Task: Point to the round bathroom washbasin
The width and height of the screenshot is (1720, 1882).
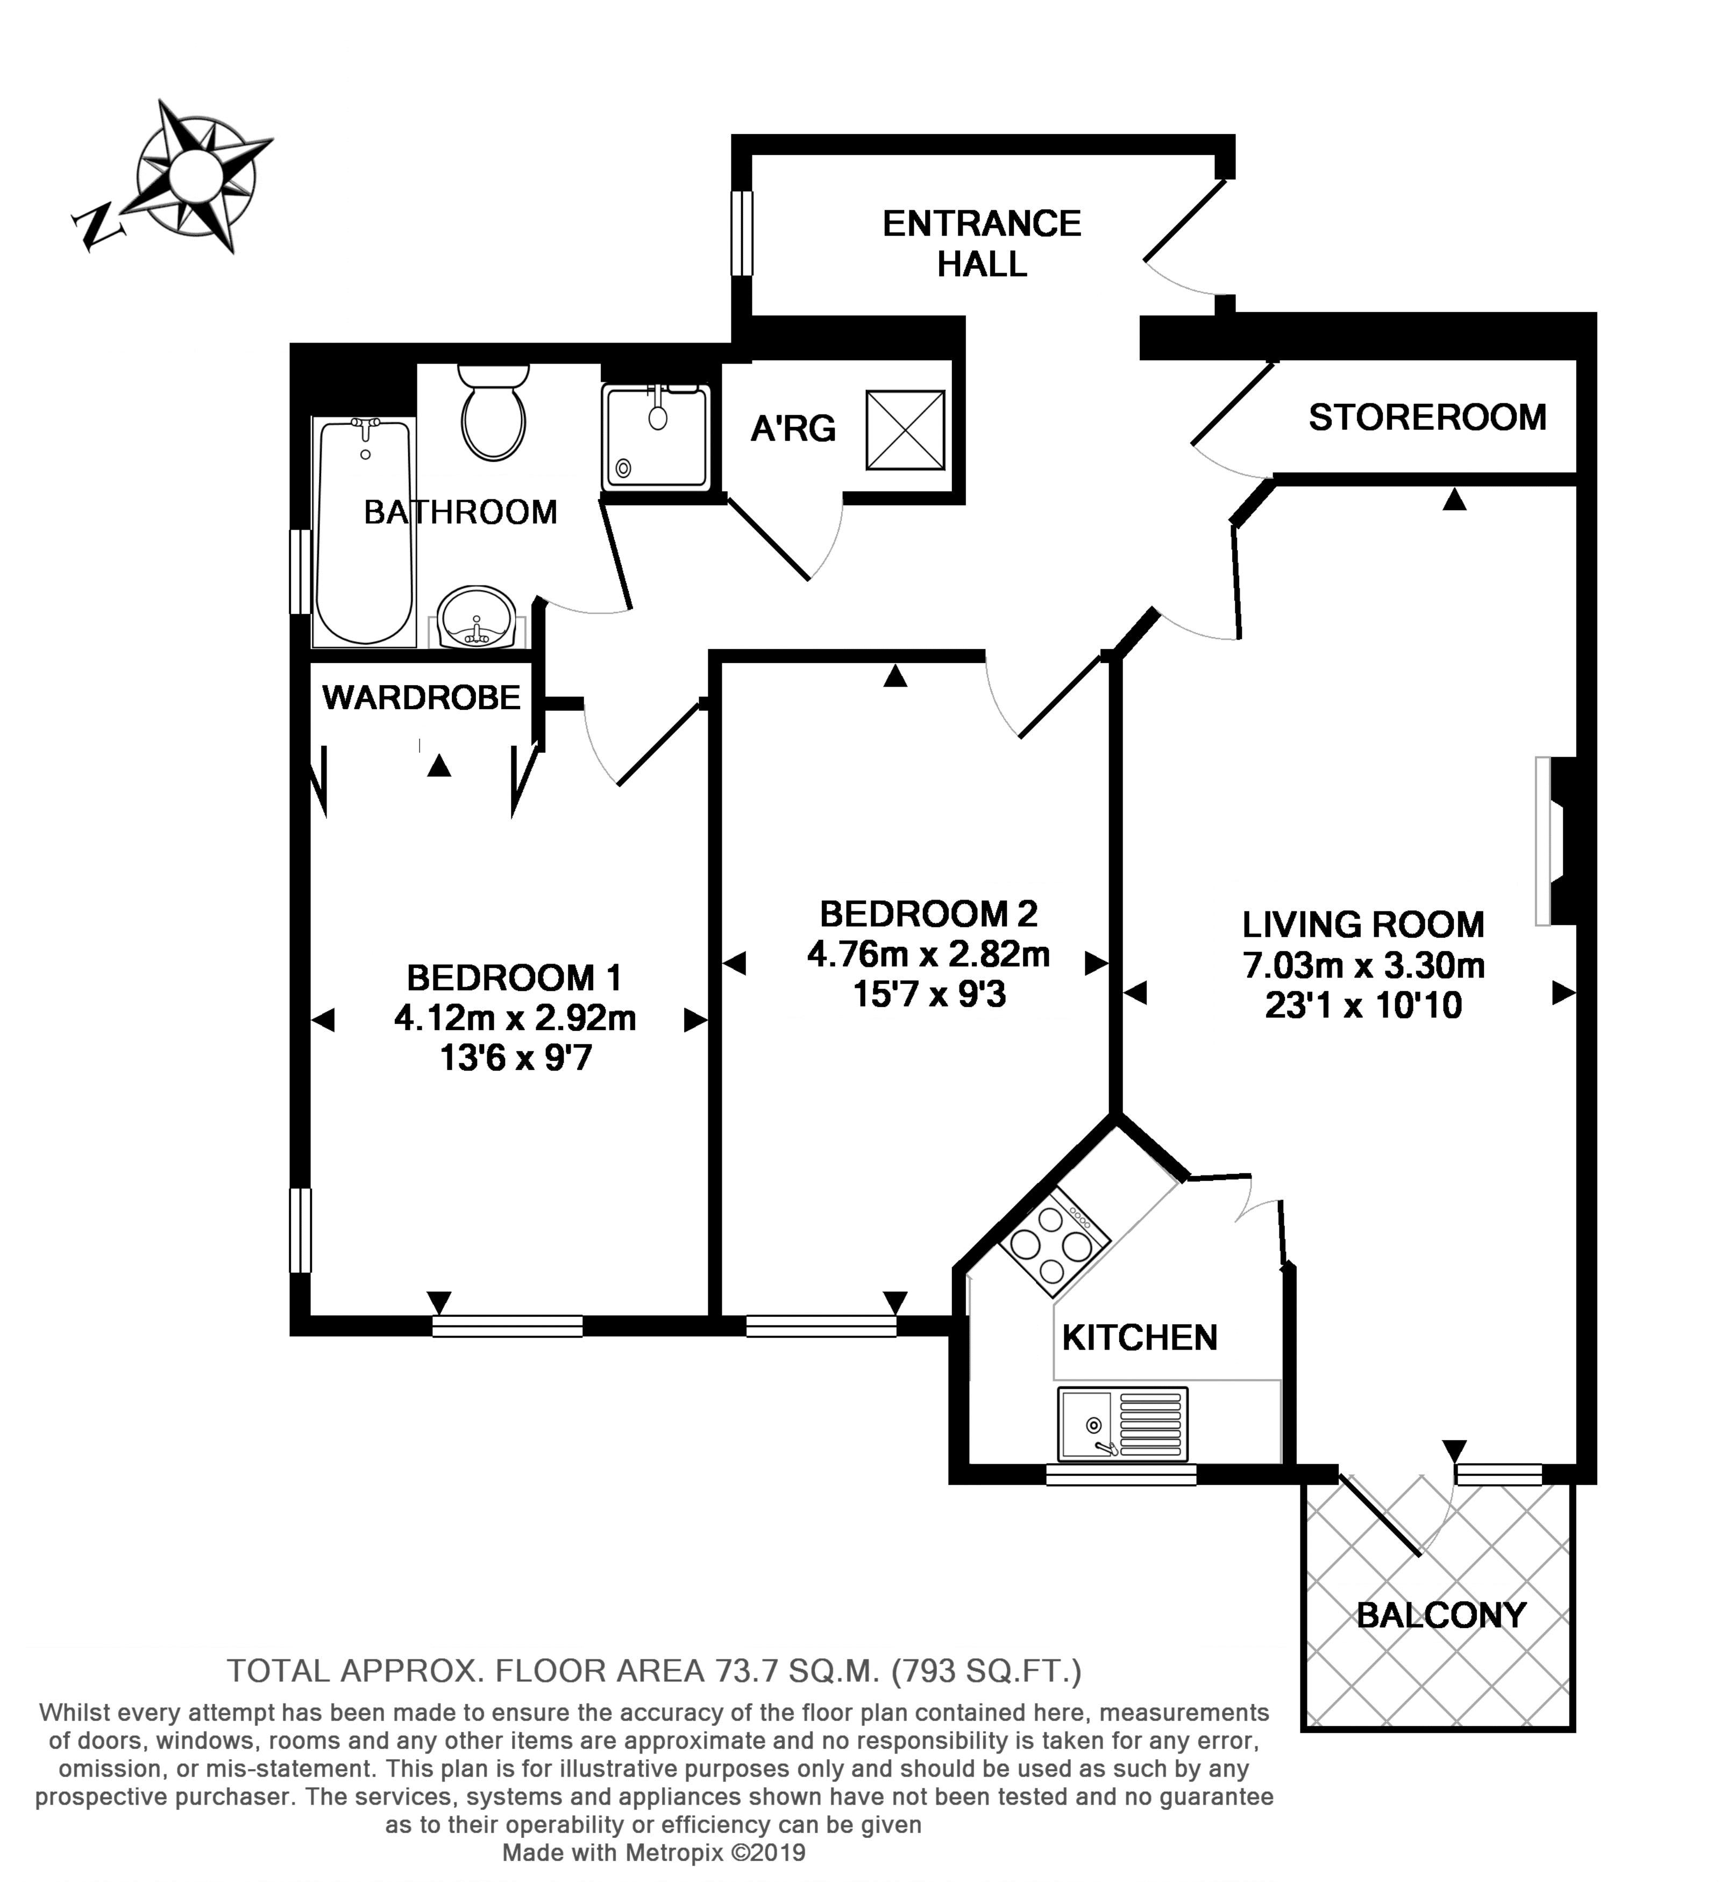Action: (477, 617)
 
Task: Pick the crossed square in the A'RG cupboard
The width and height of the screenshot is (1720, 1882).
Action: (905, 430)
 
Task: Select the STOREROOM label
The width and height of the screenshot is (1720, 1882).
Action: (1427, 417)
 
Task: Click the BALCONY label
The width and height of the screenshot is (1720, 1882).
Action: (1441, 1614)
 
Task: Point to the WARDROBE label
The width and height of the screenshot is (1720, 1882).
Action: (421, 697)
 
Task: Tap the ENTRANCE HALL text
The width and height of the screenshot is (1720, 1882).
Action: (982, 244)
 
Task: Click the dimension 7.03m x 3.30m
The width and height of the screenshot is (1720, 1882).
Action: (1363, 964)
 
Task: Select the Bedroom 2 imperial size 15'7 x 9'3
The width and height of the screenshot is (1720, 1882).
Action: (929, 994)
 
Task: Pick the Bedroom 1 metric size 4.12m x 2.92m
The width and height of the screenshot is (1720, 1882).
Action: (515, 1017)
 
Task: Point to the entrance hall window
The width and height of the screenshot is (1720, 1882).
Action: (742, 233)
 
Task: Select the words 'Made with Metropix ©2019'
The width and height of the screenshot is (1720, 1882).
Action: (653, 1852)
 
